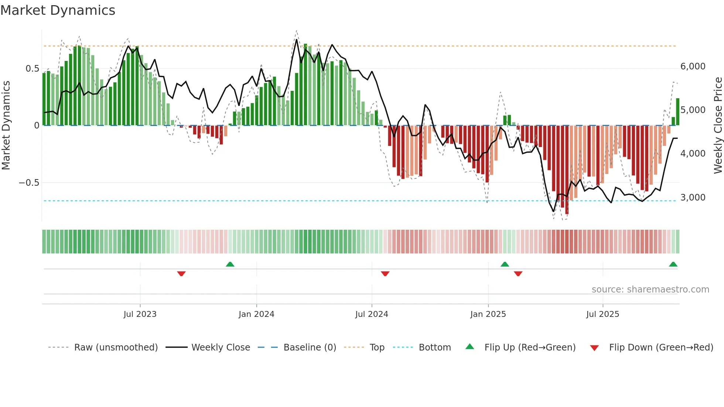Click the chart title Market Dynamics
[58, 10]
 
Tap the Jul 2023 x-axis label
[140, 314]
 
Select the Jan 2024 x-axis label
[256, 314]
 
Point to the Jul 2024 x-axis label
[372, 314]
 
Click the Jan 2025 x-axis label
[488, 314]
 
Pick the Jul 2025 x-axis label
[602, 314]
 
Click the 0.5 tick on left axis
[32, 69]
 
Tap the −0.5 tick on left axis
[29, 183]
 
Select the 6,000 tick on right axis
[693, 66]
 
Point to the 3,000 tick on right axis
[693, 198]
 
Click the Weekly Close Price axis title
[718, 126]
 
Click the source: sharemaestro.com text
[650, 290]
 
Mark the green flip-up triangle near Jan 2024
[230, 264]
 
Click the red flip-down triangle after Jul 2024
[385, 274]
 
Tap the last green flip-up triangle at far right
[673, 264]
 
